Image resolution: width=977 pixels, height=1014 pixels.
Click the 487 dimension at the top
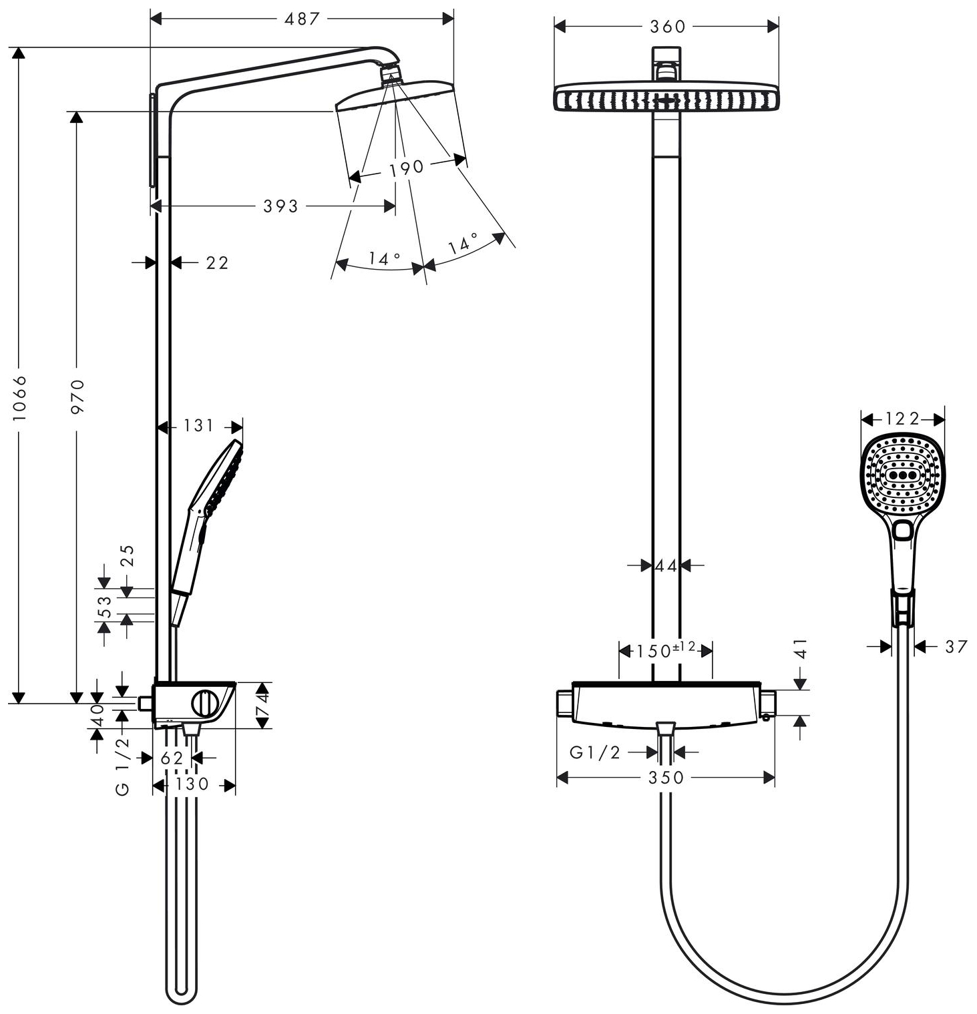[302, 19]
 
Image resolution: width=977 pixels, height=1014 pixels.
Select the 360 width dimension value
[667, 27]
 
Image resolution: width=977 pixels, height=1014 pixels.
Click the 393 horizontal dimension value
[280, 206]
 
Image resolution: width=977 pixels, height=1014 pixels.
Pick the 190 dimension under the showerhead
[407, 168]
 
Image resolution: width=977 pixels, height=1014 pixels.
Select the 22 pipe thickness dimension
[217, 263]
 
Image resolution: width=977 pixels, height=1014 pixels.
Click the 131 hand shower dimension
[198, 426]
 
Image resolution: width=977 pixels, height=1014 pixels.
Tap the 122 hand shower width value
[902, 419]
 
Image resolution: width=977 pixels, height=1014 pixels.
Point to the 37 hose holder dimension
[956, 646]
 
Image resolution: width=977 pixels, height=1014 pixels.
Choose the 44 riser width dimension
[666, 566]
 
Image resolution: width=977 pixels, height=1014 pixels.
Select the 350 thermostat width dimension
[666, 778]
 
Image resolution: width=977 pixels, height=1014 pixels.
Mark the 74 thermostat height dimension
[263, 706]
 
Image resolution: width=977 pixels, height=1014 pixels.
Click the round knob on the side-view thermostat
[204, 704]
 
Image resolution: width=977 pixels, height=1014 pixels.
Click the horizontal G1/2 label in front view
[594, 753]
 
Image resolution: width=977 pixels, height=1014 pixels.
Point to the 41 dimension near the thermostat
[801, 648]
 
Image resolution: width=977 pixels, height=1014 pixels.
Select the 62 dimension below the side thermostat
[172, 758]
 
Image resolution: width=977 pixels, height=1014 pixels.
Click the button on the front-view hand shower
[903, 531]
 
